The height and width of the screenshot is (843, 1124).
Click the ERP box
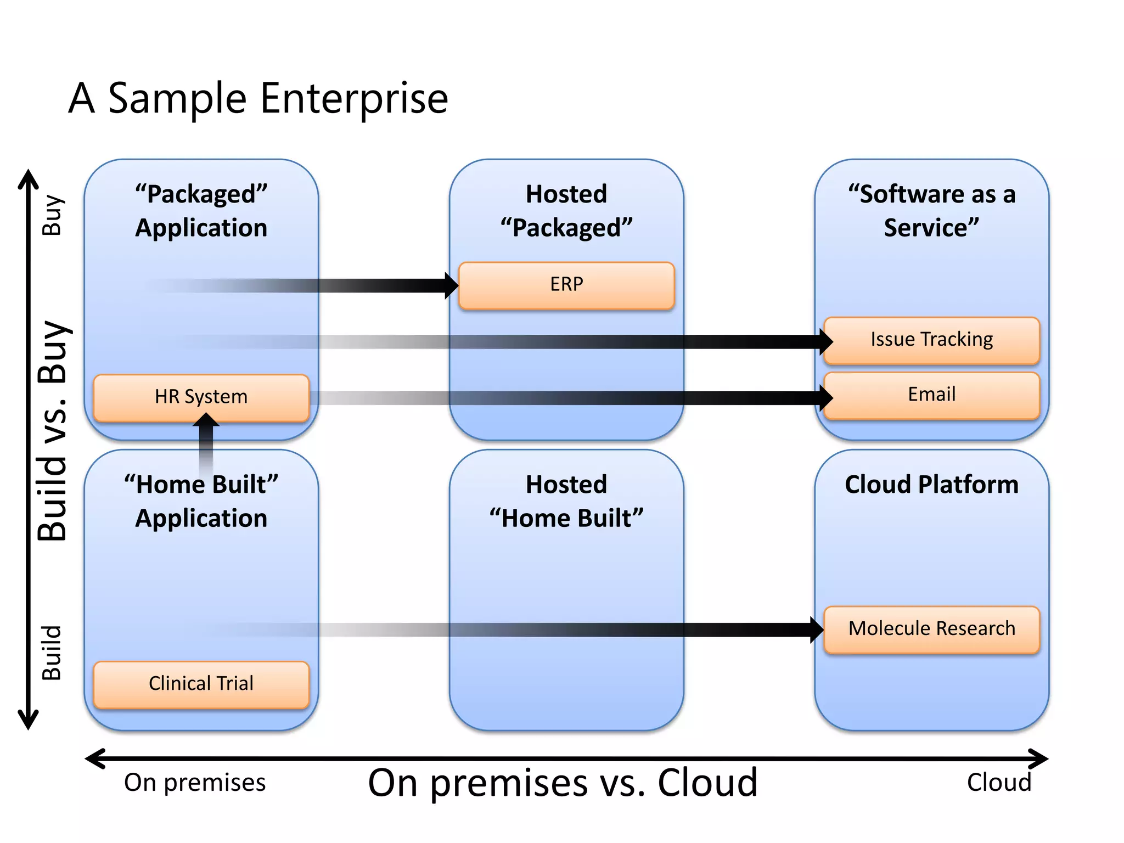(566, 285)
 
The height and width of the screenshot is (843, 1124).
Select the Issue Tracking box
(931, 340)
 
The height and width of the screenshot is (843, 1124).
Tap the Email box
(931, 395)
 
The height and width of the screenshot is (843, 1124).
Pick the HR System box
(201, 397)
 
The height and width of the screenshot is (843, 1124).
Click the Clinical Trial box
(201, 684)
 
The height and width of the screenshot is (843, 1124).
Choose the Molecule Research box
(931, 629)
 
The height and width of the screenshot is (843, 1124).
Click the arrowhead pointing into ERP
(452, 285)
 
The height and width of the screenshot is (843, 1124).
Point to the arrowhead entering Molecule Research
(817, 630)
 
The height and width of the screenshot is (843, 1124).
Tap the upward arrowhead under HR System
(206, 420)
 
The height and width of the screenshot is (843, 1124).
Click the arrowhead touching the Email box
(826, 397)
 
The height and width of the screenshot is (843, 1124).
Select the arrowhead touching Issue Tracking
(826, 341)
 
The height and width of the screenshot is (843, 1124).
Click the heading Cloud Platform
(931, 485)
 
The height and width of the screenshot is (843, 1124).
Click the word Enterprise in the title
(354, 99)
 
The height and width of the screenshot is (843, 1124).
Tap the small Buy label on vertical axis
(53, 215)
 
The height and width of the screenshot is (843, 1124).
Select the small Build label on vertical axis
(53, 653)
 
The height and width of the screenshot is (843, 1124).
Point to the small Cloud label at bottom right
(999, 783)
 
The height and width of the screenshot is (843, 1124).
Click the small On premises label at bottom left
(195, 783)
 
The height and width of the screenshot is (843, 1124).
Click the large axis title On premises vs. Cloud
(563, 783)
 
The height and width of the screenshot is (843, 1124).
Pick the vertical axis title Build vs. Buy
(53, 431)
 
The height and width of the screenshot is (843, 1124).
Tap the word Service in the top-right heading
(931, 228)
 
